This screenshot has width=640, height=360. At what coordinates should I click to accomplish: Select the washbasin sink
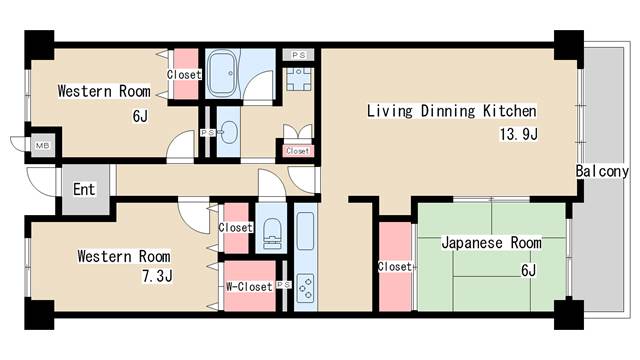229,132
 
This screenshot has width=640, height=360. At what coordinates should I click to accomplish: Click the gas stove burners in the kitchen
306,287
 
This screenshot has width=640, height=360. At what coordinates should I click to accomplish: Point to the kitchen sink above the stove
305,230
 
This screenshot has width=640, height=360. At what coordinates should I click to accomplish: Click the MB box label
42,145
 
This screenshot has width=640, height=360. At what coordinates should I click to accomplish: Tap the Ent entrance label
84,189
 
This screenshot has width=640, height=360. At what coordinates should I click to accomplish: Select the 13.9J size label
519,134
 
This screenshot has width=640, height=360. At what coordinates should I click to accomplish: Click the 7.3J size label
157,276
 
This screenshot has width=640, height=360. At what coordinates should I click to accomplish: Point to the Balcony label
602,171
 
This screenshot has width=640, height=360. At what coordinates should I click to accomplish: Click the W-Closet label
249,287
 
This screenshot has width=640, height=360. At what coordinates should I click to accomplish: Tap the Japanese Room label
491,243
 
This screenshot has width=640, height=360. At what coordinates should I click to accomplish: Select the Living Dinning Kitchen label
451,111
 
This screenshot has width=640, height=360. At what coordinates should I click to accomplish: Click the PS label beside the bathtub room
299,55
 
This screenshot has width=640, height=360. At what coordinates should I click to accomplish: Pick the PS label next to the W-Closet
284,284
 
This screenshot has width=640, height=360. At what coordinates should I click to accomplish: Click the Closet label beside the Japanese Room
395,267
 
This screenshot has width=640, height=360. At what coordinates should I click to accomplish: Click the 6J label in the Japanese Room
528,270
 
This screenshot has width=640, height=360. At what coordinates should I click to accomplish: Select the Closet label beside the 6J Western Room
184,75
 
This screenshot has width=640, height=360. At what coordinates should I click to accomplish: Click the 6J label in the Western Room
140,116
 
